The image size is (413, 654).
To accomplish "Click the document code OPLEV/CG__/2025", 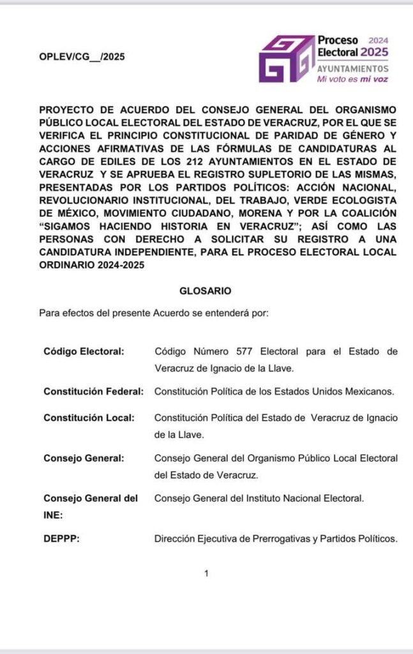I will pos(82,57).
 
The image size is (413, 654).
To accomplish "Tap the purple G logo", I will pos(285,59).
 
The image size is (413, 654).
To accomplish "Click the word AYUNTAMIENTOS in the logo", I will pos(353,68).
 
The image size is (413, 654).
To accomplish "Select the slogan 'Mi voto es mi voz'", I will pos(352,79).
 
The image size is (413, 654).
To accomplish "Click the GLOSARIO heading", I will pos(205,290).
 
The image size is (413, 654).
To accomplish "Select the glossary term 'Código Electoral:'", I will pos(84,351).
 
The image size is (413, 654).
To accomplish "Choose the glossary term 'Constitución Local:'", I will pos(89,418).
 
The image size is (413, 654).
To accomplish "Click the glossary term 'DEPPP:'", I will pos(61,538).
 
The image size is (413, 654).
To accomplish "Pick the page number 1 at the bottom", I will pos(206,574).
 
